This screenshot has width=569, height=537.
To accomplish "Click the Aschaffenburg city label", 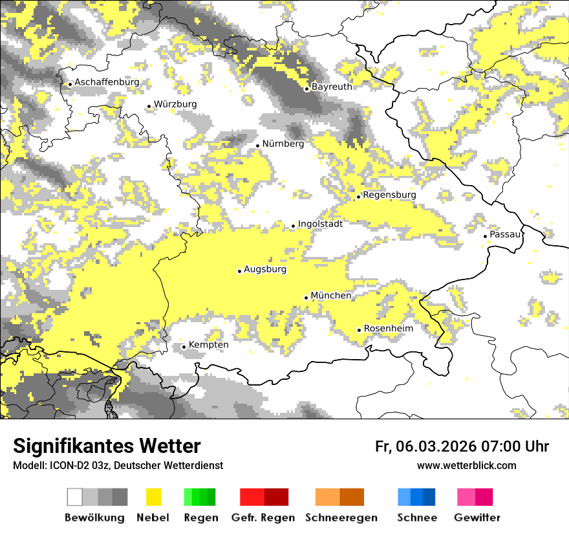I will pyautogui.click(x=107, y=83).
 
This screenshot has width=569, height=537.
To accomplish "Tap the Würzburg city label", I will pyautogui.click(x=175, y=104).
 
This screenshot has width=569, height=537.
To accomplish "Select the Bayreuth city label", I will pyautogui.click(x=332, y=87).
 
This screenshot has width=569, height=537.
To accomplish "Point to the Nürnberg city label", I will pyautogui.click(x=283, y=144).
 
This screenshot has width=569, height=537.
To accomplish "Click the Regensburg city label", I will pyautogui.click(x=389, y=195).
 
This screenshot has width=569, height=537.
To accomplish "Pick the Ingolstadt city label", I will pyautogui.click(x=320, y=224).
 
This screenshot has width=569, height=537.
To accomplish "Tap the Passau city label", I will pyautogui.click(x=505, y=234).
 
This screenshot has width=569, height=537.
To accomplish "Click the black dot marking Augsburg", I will pyautogui.click(x=239, y=271).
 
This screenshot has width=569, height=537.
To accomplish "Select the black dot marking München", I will pyautogui.click(x=306, y=298).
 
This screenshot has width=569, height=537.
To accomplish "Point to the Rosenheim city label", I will pyautogui.click(x=388, y=329).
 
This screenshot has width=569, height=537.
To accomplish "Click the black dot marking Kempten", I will pyautogui.click(x=184, y=347).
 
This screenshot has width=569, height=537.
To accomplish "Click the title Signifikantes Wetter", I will pyautogui.click(x=107, y=446).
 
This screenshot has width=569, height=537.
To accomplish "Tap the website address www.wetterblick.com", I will pyautogui.click(x=466, y=465).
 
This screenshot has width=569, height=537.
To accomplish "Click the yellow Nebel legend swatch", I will pyautogui.click(x=153, y=497).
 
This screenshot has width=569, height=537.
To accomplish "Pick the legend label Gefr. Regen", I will pyautogui.click(x=263, y=518).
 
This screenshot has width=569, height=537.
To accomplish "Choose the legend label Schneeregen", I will pyautogui.click(x=341, y=518).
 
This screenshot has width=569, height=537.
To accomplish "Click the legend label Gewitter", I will pyautogui.click(x=477, y=518).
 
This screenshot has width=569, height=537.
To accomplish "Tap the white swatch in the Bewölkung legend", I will pyautogui.click(x=75, y=497).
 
